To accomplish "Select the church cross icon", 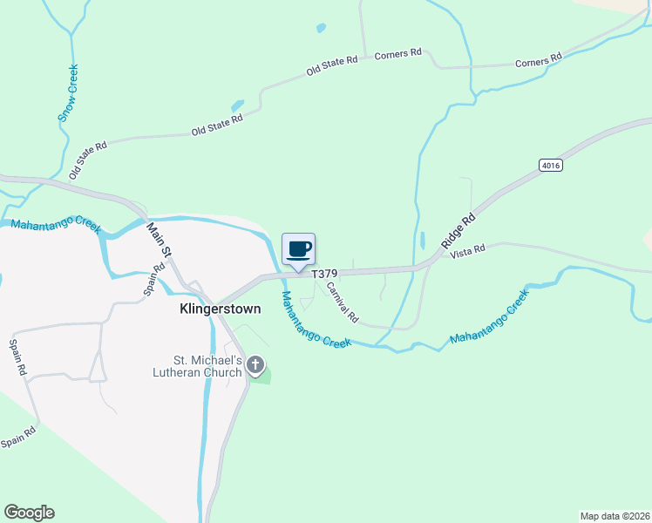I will coord(255,365).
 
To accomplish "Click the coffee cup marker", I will coord(298,250).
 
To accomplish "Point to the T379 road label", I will coord(324,273).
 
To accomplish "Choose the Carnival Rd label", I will coord(342,302).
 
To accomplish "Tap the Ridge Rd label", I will coord(458,232).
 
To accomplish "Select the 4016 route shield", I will coord(550,165).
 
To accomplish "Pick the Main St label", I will coord(161,241).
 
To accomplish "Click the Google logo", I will coord(29,513).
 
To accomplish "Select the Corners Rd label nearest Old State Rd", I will coord(397,54).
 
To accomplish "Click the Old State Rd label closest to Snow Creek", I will coord(88,159).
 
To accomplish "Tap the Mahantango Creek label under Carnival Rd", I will coord(315,320).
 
